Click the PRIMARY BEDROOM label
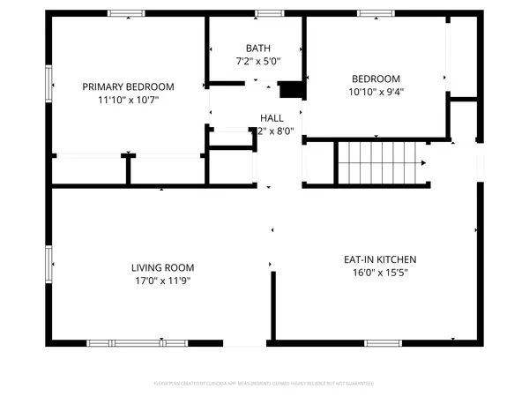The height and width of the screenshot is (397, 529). pyautogui.click(x=128, y=86)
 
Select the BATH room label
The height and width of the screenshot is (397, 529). pyautogui.click(x=258, y=49)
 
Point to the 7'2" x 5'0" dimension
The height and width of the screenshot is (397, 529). pyautogui.click(x=258, y=62)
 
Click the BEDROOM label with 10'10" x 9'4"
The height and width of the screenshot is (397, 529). pyautogui.click(x=376, y=78)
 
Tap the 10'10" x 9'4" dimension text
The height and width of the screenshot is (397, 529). pyautogui.click(x=376, y=91)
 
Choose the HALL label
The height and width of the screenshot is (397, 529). pyautogui.click(x=272, y=117)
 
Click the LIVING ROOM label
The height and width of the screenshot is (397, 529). pyautogui.click(x=162, y=267)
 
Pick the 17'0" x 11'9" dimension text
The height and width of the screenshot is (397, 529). pyautogui.click(x=162, y=281)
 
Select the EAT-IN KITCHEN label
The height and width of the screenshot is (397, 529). pyautogui.click(x=379, y=259)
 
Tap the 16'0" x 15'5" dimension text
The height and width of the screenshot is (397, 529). pyautogui.click(x=379, y=273)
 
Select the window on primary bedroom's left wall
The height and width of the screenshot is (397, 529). pyautogui.click(x=49, y=85)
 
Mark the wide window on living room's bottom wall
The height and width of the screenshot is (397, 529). pyautogui.click(x=137, y=342)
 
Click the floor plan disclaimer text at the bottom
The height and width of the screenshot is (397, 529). pyautogui.click(x=264, y=384)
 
